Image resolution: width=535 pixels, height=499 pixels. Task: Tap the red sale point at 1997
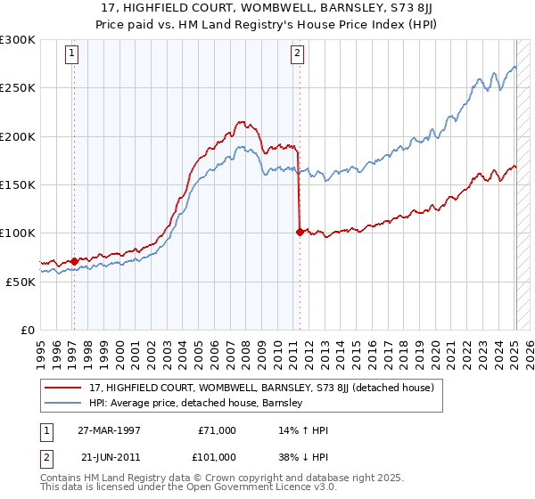(74, 260)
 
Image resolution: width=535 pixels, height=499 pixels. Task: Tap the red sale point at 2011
(299, 232)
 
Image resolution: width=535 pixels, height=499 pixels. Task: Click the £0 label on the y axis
(29, 330)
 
